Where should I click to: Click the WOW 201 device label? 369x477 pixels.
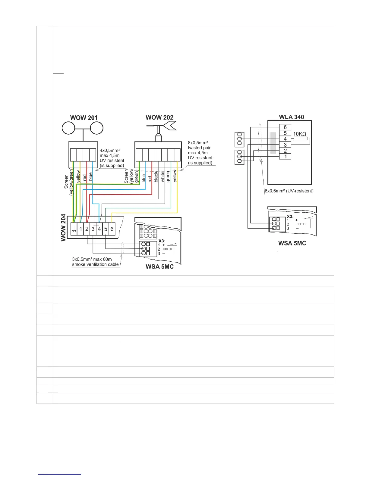point(84,117)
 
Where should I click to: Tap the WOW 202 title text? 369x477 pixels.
point(159,117)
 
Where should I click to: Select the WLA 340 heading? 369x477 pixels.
point(291,117)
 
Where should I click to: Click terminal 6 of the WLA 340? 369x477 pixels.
point(285,127)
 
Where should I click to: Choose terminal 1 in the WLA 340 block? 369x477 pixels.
point(285,156)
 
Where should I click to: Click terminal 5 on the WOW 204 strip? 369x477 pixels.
point(106,229)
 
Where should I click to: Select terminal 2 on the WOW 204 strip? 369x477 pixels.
point(87,229)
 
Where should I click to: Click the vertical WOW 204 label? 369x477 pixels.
point(63,227)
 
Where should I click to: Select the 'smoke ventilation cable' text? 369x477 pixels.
point(95,264)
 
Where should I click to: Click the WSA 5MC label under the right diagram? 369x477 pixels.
point(292,243)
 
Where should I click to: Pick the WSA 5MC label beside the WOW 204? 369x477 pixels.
point(159,266)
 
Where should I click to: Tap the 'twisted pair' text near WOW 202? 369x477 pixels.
point(199,148)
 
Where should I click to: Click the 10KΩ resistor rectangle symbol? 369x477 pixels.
point(300,139)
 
